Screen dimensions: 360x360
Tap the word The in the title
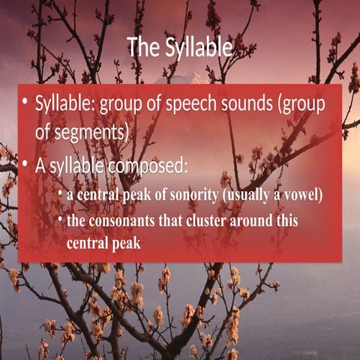[142, 47]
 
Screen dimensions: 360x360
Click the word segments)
[93, 131]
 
